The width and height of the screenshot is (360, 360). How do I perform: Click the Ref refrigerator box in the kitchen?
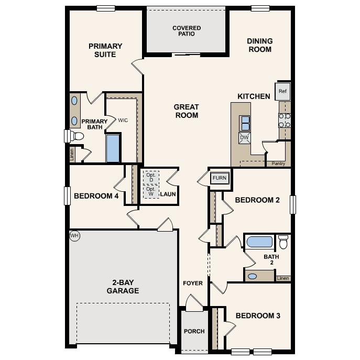(283, 92)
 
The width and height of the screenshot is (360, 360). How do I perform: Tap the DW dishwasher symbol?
(245, 138)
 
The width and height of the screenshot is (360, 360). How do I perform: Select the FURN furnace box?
(220, 178)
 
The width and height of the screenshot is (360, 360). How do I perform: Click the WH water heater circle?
(74, 236)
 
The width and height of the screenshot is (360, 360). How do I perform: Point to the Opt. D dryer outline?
(151, 177)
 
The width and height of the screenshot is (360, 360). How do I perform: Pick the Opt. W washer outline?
(151, 192)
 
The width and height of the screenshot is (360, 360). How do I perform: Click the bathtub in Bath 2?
(260, 242)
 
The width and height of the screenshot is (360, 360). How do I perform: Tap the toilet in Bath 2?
(283, 242)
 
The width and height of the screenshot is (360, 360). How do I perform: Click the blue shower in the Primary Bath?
(113, 148)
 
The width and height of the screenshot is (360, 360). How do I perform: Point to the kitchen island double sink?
(245, 123)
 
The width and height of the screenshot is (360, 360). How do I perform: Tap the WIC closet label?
(123, 121)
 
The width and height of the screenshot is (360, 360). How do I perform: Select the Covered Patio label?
(187, 31)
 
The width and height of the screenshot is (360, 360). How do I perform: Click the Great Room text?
(187, 111)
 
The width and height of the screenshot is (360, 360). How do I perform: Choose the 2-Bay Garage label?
(123, 286)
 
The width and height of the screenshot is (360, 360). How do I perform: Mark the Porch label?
(194, 331)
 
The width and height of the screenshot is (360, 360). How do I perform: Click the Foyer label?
(193, 283)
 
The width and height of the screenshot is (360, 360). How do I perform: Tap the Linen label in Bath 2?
(283, 278)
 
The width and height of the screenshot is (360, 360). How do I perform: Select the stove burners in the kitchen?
(285, 121)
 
